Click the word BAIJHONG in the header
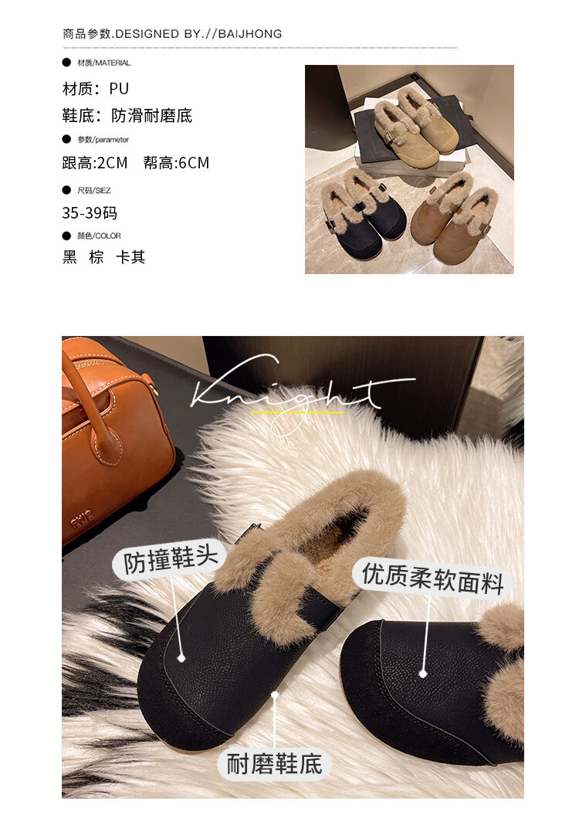coord(249,34)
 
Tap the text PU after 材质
coord(119,89)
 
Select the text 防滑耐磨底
coord(152,116)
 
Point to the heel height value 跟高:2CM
coord(95,164)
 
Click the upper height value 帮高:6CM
coord(177,164)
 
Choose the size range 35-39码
coord(90,213)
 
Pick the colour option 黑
coord(69,257)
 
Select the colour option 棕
coord(96,257)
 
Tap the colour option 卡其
coord(130,257)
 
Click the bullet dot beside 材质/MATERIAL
coord(66,63)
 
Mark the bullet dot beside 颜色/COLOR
coord(66,236)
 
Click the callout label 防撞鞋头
coord(170,560)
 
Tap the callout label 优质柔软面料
coord(432,578)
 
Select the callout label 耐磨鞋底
coord(274,764)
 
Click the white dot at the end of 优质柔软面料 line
coord(423,674)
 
